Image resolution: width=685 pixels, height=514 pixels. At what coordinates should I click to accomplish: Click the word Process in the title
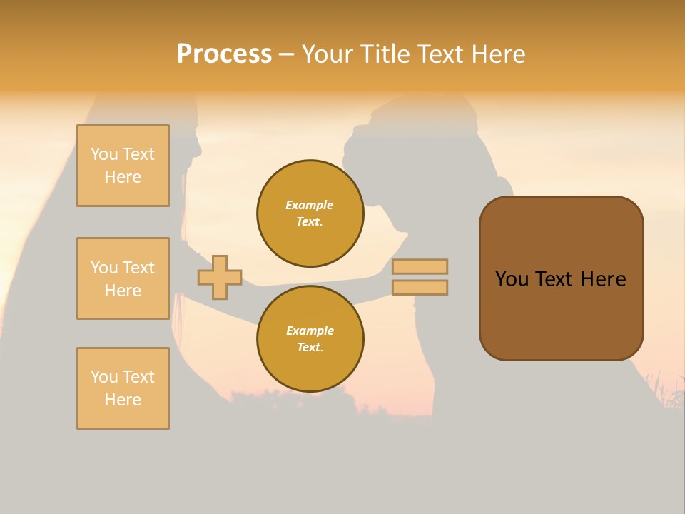tap(224, 54)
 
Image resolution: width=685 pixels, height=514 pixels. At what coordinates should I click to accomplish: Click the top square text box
tap(123, 166)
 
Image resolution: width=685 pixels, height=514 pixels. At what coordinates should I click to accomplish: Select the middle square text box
tap(123, 278)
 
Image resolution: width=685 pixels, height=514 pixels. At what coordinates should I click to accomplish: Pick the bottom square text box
tap(123, 388)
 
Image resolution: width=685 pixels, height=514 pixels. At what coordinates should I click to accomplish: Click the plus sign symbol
tap(220, 278)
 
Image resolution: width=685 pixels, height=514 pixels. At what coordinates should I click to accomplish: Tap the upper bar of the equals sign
tap(420, 266)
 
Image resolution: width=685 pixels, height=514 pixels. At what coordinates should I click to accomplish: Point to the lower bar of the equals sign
tap(420, 288)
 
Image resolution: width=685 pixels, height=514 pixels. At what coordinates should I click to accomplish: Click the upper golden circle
tap(310, 213)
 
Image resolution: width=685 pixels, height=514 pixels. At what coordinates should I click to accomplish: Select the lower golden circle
tap(310, 338)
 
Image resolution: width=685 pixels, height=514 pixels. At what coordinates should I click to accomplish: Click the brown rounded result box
tap(562, 278)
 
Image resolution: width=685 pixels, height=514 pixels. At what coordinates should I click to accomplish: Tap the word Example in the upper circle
tap(309, 205)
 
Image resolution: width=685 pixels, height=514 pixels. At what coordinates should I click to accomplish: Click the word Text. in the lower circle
tap(310, 347)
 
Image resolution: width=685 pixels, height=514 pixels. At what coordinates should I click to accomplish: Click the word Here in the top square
tap(123, 177)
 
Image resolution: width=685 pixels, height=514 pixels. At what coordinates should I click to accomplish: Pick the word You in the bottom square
tap(105, 377)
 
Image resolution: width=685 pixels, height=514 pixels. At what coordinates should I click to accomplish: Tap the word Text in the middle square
tap(138, 268)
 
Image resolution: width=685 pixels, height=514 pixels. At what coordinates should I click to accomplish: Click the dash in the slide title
tap(287, 55)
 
